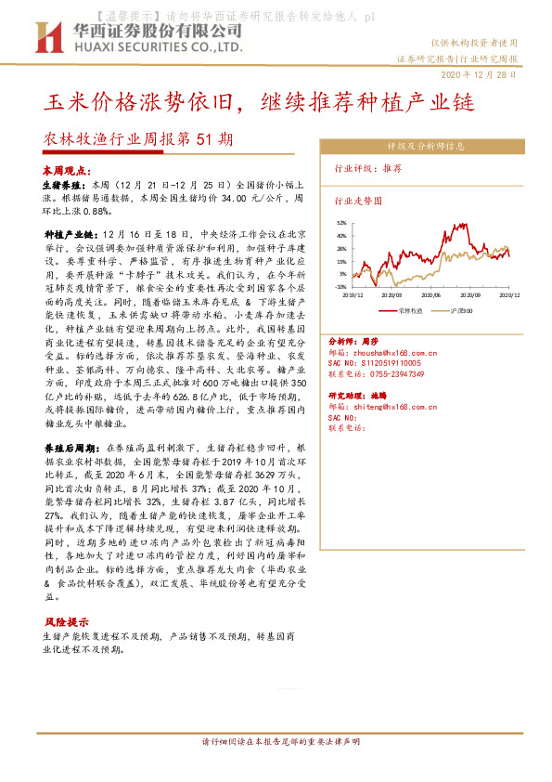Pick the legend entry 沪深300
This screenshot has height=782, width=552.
point(463,310)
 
